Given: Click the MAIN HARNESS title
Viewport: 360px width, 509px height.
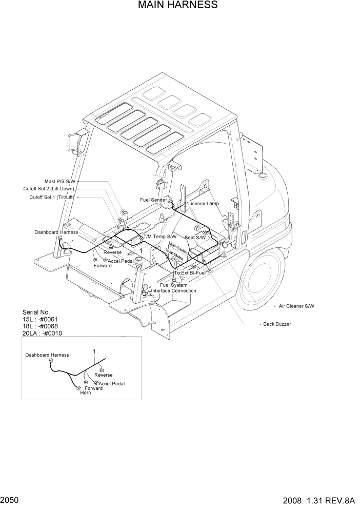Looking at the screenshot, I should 177,6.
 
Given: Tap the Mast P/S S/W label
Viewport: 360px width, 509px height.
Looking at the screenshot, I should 60,182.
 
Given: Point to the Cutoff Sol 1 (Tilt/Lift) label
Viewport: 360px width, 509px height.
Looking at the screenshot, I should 53,198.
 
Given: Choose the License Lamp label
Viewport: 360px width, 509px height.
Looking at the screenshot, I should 204,204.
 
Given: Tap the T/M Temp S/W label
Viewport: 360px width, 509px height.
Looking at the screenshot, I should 160,237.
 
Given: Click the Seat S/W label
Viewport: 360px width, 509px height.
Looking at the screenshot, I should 195,238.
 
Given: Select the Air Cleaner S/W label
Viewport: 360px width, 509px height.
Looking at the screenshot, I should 296,306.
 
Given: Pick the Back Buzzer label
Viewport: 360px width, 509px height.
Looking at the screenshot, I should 277,324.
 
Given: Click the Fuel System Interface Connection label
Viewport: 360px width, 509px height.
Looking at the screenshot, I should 173,288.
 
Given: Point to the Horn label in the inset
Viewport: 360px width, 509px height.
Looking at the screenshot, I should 85,393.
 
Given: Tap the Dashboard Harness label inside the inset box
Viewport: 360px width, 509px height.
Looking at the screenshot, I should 47,355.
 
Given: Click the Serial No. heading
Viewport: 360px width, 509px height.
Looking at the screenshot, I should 36,312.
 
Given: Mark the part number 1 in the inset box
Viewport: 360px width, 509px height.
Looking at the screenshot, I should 94,351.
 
